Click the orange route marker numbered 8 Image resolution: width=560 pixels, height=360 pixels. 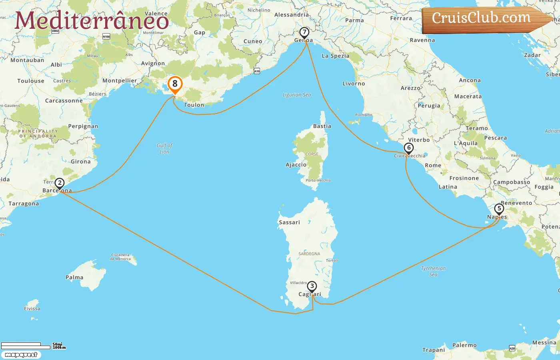[175, 84]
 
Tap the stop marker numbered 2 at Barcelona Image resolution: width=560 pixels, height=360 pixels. [60, 184]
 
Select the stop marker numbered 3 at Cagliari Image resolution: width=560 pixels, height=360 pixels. [312, 286]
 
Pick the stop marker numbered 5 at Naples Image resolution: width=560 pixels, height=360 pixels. [499, 209]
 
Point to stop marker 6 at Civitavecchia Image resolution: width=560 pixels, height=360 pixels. [408, 148]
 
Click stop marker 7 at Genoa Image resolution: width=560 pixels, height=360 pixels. [304, 32]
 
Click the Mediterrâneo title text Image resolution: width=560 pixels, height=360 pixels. [92, 20]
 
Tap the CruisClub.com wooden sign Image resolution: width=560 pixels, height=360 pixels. [482, 18]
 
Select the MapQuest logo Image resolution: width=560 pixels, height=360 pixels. [21, 355]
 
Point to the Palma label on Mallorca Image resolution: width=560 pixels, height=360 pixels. [74, 277]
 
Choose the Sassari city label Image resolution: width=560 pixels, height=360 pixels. [289, 222]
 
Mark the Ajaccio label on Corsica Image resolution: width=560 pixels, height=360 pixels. [296, 165]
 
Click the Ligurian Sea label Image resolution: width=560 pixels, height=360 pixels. [296, 95]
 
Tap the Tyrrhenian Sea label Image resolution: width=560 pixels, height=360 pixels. [433, 271]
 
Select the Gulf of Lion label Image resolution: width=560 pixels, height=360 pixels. [164, 148]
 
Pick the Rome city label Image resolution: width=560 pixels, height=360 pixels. [433, 165]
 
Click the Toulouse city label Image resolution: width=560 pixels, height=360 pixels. [31, 81]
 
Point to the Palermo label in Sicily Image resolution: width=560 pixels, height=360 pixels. [464, 345]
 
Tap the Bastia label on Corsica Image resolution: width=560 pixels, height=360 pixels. [322, 126]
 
